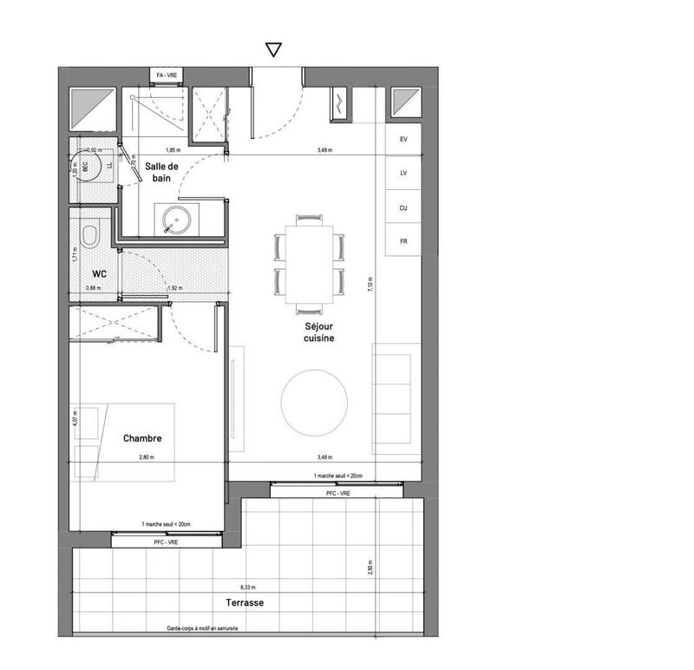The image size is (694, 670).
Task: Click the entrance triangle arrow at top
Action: tap(273, 49)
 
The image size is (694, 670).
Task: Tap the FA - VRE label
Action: tap(167, 76)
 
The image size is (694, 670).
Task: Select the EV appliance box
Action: tap(403, 140)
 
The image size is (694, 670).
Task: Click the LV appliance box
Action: tap(403, 174)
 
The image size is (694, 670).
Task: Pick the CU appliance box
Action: tap(403, 208)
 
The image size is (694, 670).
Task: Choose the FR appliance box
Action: tap(403, 241)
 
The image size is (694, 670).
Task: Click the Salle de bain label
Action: tap(162, 172)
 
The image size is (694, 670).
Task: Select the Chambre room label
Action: tap(142, 439)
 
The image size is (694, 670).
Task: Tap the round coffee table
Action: tap(314, 401)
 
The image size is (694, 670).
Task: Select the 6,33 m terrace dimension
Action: tap(248, 588)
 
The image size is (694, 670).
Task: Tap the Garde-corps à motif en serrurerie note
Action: tap(202, 629)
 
